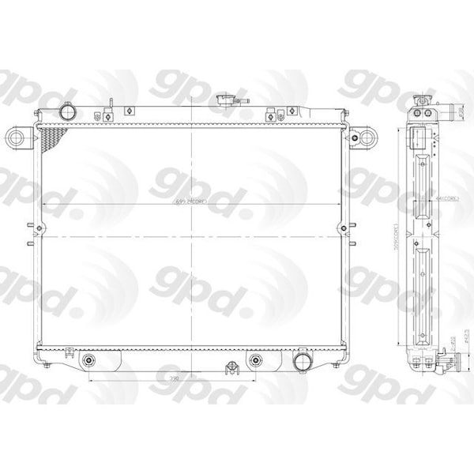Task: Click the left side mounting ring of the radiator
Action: (x=16, y=139)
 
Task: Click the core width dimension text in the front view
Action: (x=190, y=203)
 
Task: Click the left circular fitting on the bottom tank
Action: (x=89, y=363)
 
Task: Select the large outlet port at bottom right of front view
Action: (x=301, y=363)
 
